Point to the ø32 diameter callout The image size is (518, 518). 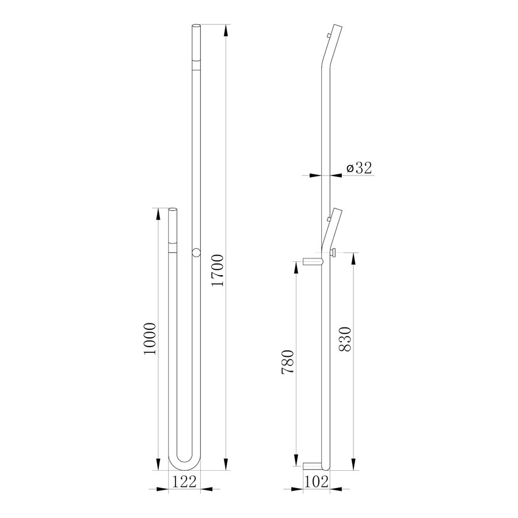coord(359,167)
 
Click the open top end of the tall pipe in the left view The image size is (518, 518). coord(196,26)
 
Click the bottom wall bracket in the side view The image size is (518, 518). coord(311,465)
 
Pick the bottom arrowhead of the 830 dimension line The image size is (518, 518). coord(351,467)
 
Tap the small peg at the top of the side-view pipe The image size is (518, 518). coord(327,36)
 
